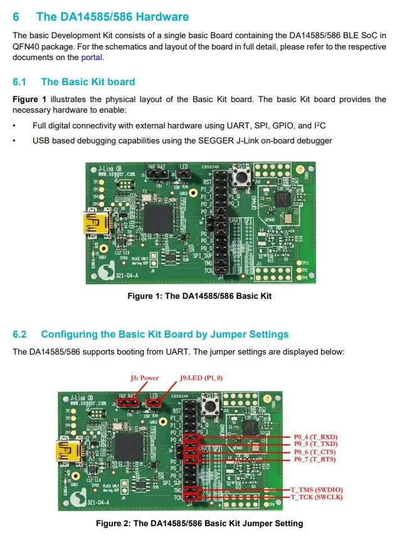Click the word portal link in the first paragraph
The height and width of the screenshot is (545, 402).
(x=92, y=58)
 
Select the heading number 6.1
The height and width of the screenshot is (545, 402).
(x=21, y=81)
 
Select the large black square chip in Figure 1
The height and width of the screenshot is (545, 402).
(x=157, y=218)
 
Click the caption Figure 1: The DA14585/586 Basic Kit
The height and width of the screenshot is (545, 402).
(x=199, y=296)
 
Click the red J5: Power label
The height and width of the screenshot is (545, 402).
(x=144, y=378)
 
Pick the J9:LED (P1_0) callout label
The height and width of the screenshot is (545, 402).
(x=201, y=378)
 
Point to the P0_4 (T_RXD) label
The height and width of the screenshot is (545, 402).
(x=315, y=437)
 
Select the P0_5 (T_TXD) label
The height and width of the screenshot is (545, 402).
(x=315, y=444)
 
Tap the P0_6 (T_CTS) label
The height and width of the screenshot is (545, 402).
(x=315, y=452)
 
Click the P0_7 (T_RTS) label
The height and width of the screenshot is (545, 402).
(x=315, y=460)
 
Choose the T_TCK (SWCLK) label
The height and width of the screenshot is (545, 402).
(x=317, y=496)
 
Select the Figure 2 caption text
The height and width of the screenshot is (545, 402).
(x=199, y=523)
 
